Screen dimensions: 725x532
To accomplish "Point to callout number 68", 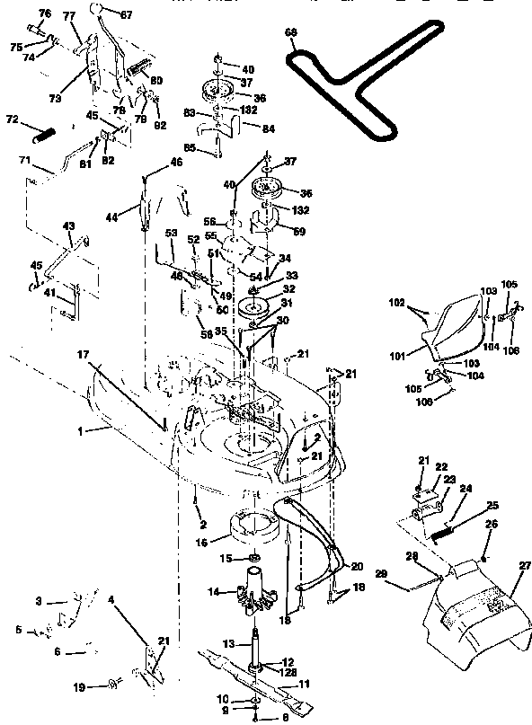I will coord(290,32).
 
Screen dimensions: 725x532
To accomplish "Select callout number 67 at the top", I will coord(125,14).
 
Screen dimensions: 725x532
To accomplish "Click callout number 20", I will coord(356,566).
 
